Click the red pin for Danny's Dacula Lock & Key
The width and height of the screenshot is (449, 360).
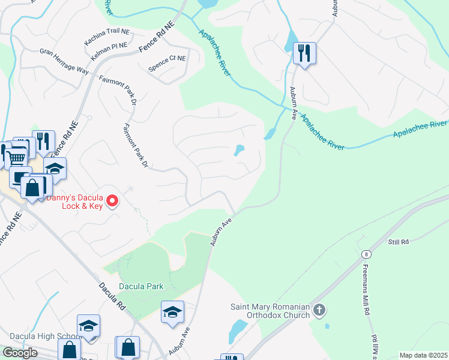point(112,202)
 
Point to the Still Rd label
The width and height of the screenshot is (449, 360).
point(398,242)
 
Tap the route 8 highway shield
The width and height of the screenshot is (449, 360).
point(366,254)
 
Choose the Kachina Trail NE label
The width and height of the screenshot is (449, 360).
point(107,31)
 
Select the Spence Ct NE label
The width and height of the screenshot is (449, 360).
point(167,59)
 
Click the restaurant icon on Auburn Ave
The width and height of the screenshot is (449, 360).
point(304,54)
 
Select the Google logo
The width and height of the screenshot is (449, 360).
point(20,353)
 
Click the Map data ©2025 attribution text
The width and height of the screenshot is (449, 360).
point(423,355)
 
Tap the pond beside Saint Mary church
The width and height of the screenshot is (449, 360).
point(238,329)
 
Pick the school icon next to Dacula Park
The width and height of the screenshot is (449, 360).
point(172,312)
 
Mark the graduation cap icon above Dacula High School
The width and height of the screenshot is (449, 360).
point(88,326)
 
